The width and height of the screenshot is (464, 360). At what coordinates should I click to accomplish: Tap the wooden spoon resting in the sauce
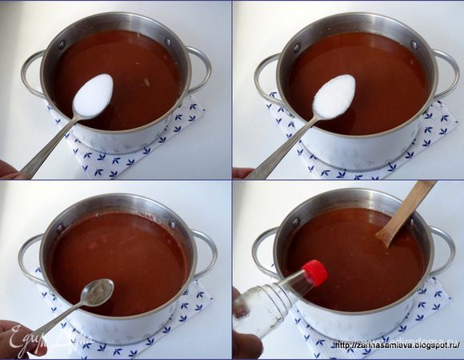tap(407, 210)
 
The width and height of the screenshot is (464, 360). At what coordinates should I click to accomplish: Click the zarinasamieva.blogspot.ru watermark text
tap(398, 346)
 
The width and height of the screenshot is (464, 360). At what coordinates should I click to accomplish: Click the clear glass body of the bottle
tap(264, 308)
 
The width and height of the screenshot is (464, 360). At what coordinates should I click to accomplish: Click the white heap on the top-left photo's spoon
tap(94, 94)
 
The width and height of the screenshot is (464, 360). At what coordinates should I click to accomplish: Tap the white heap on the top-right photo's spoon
tap(334, 96)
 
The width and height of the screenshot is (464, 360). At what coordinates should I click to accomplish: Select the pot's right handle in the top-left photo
tap(201, 67)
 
